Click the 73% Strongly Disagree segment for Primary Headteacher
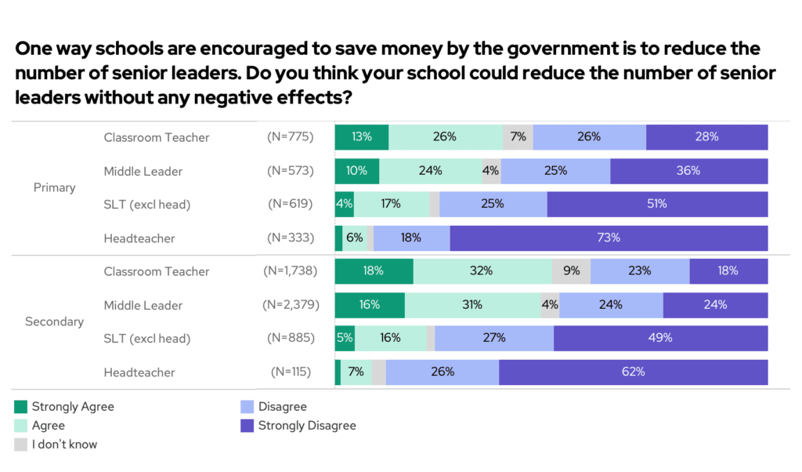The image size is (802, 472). coord(609,238)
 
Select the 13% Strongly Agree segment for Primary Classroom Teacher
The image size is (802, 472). coord(362,136)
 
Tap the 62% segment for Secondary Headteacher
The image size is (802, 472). coord(633,372)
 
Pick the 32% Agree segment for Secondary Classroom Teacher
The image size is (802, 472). coord(482,271)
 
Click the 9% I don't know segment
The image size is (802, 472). coord(571,271)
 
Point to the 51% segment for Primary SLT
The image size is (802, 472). coord(656,204)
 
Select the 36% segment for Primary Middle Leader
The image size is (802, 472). coord(688,170)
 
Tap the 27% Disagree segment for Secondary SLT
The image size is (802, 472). coord(494,338)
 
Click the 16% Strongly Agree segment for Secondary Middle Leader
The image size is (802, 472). coord(370,305)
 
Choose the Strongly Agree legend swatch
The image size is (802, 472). coord(21,407)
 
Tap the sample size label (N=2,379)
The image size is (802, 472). coord(288,305)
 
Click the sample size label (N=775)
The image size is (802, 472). coord(290,136)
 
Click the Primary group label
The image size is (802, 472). coord(55,187)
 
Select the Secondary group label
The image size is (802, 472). coord(55,321)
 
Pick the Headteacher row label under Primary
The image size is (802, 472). coord(139,238)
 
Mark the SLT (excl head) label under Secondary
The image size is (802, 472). coord(147,338)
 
